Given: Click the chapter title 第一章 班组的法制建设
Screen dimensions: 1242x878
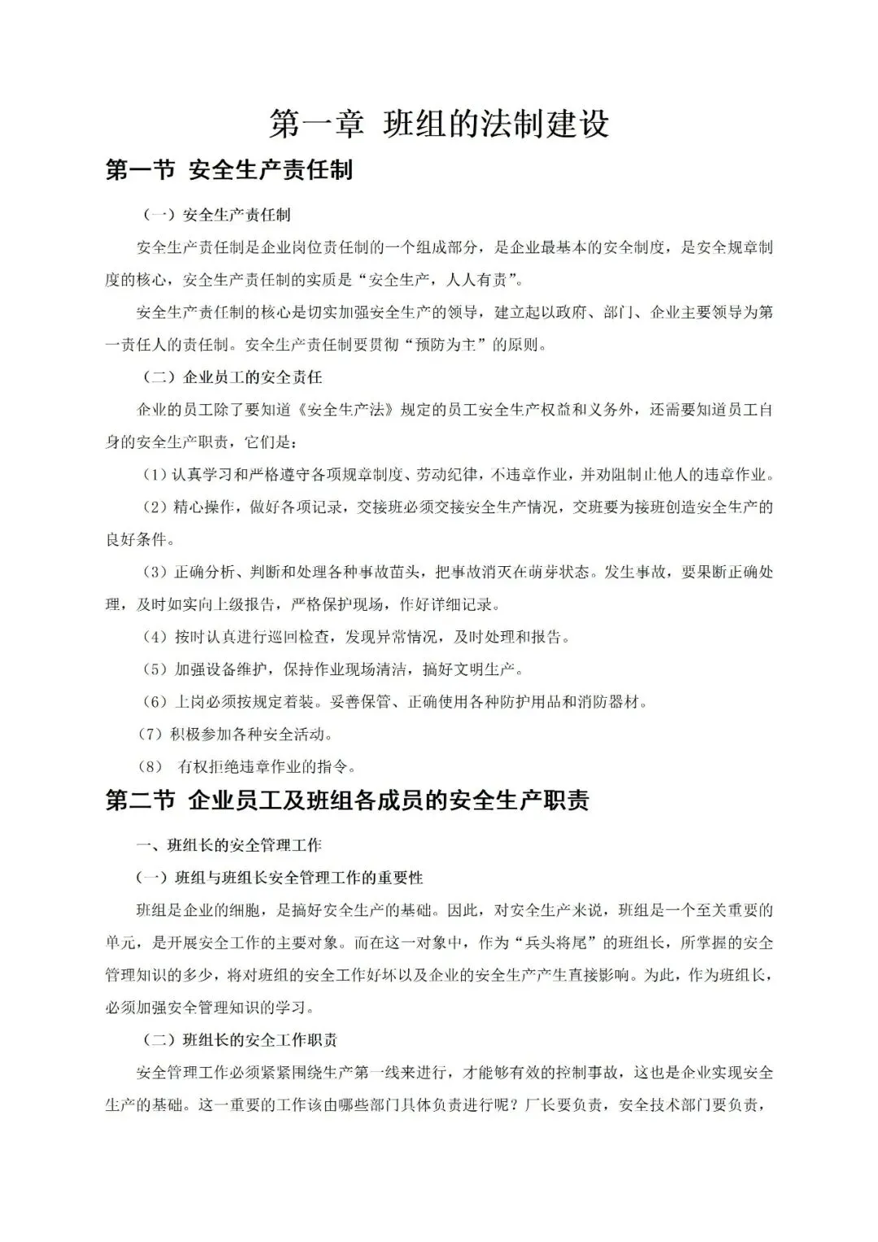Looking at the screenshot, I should tap(439, 124).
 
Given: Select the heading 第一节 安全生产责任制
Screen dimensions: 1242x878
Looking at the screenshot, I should tap(229, 171).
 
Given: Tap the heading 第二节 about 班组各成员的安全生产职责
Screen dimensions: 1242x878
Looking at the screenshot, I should tap(347, 800).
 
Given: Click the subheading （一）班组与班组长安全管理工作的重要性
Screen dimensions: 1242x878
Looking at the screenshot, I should tap(280, 878).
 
